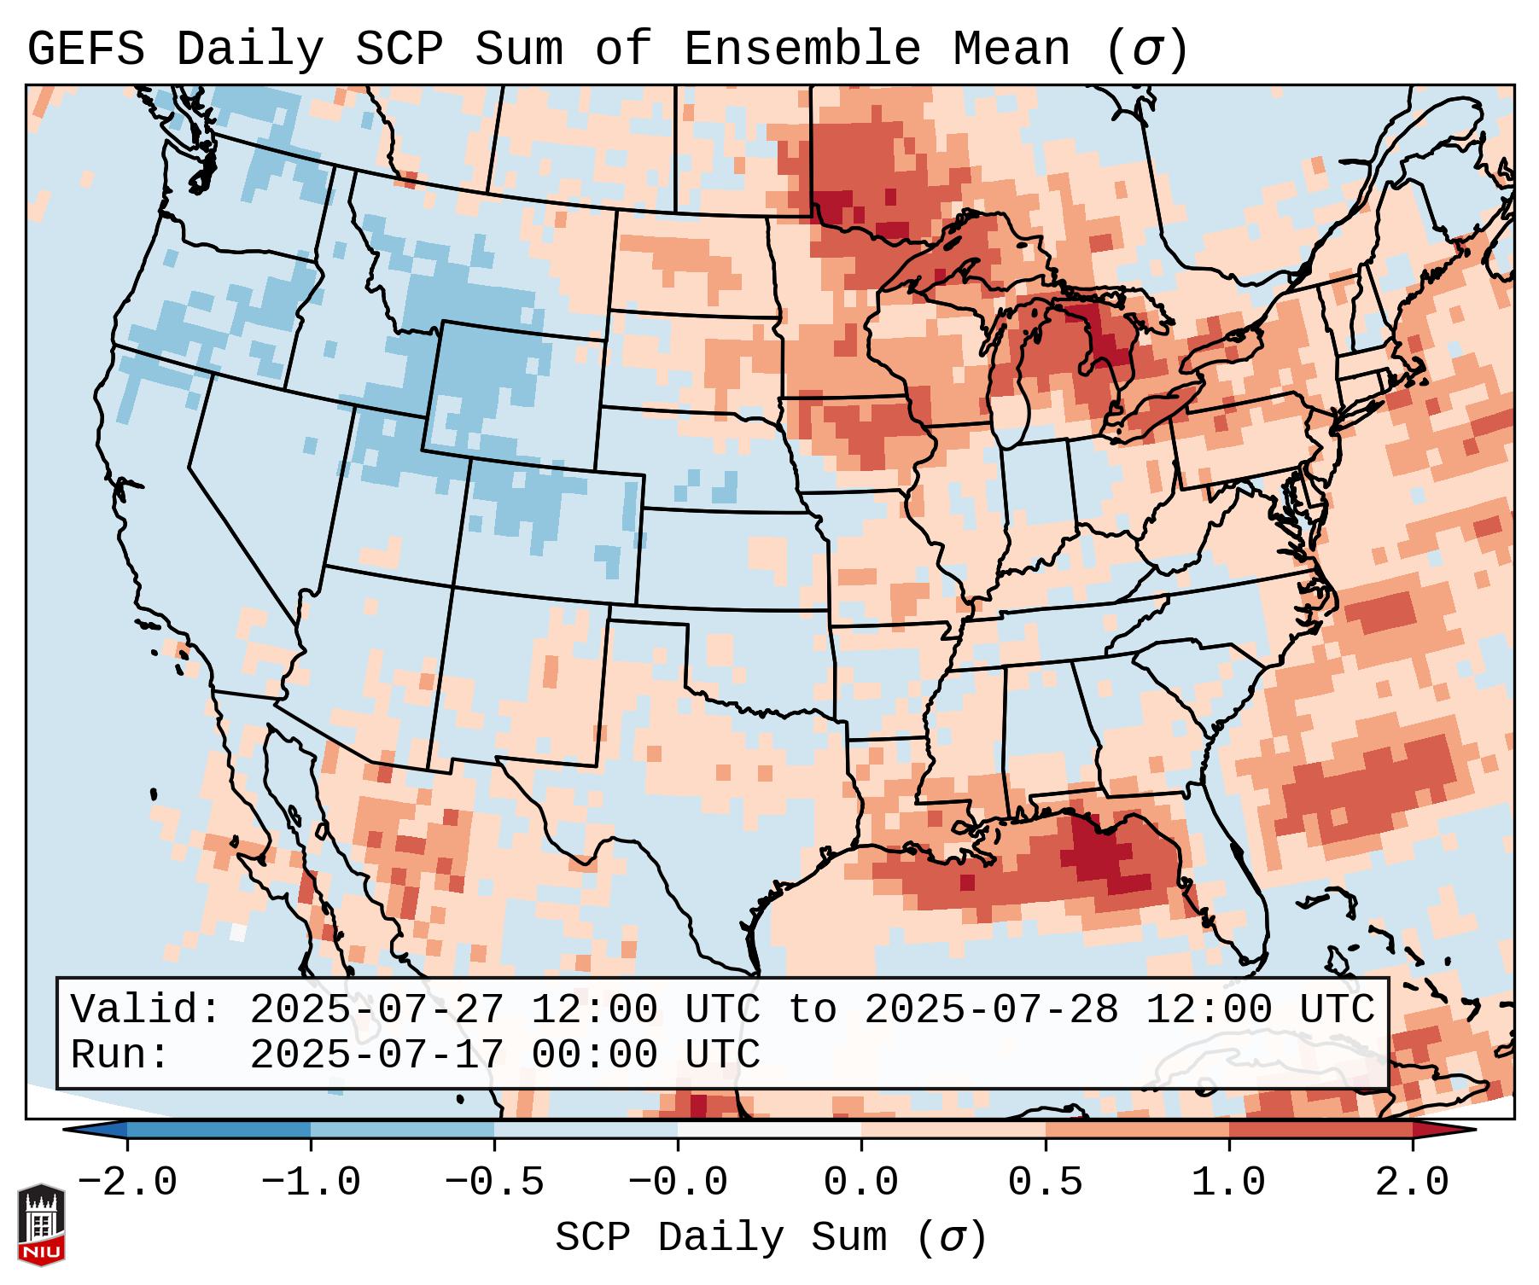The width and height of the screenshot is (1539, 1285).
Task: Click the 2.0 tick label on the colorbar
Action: coord(1412,1183)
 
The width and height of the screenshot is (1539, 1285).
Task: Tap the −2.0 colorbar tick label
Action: coord(127,1183)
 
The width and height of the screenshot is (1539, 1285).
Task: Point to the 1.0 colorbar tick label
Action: coord(1228,1183)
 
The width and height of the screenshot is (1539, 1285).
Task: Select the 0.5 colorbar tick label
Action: coord(1045,1183)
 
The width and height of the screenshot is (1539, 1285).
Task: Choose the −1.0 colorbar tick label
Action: coord(311,1183)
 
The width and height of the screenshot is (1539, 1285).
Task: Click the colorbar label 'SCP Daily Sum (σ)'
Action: coord(771,1238)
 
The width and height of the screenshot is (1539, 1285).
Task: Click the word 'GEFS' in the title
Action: coord(85,49)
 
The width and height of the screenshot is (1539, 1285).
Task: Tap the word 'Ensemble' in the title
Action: coord(802,49)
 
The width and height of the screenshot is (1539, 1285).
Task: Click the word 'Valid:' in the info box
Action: coord(146,1010)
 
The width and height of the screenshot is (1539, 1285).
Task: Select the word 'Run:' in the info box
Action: coord(120,1055)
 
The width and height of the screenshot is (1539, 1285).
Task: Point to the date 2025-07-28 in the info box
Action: coord(991,1010)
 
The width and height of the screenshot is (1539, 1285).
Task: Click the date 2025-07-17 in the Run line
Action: coord(376,1055)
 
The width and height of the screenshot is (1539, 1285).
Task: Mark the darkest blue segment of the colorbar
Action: coord(219,1130)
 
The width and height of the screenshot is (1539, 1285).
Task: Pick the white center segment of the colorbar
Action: coord(769,1130)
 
